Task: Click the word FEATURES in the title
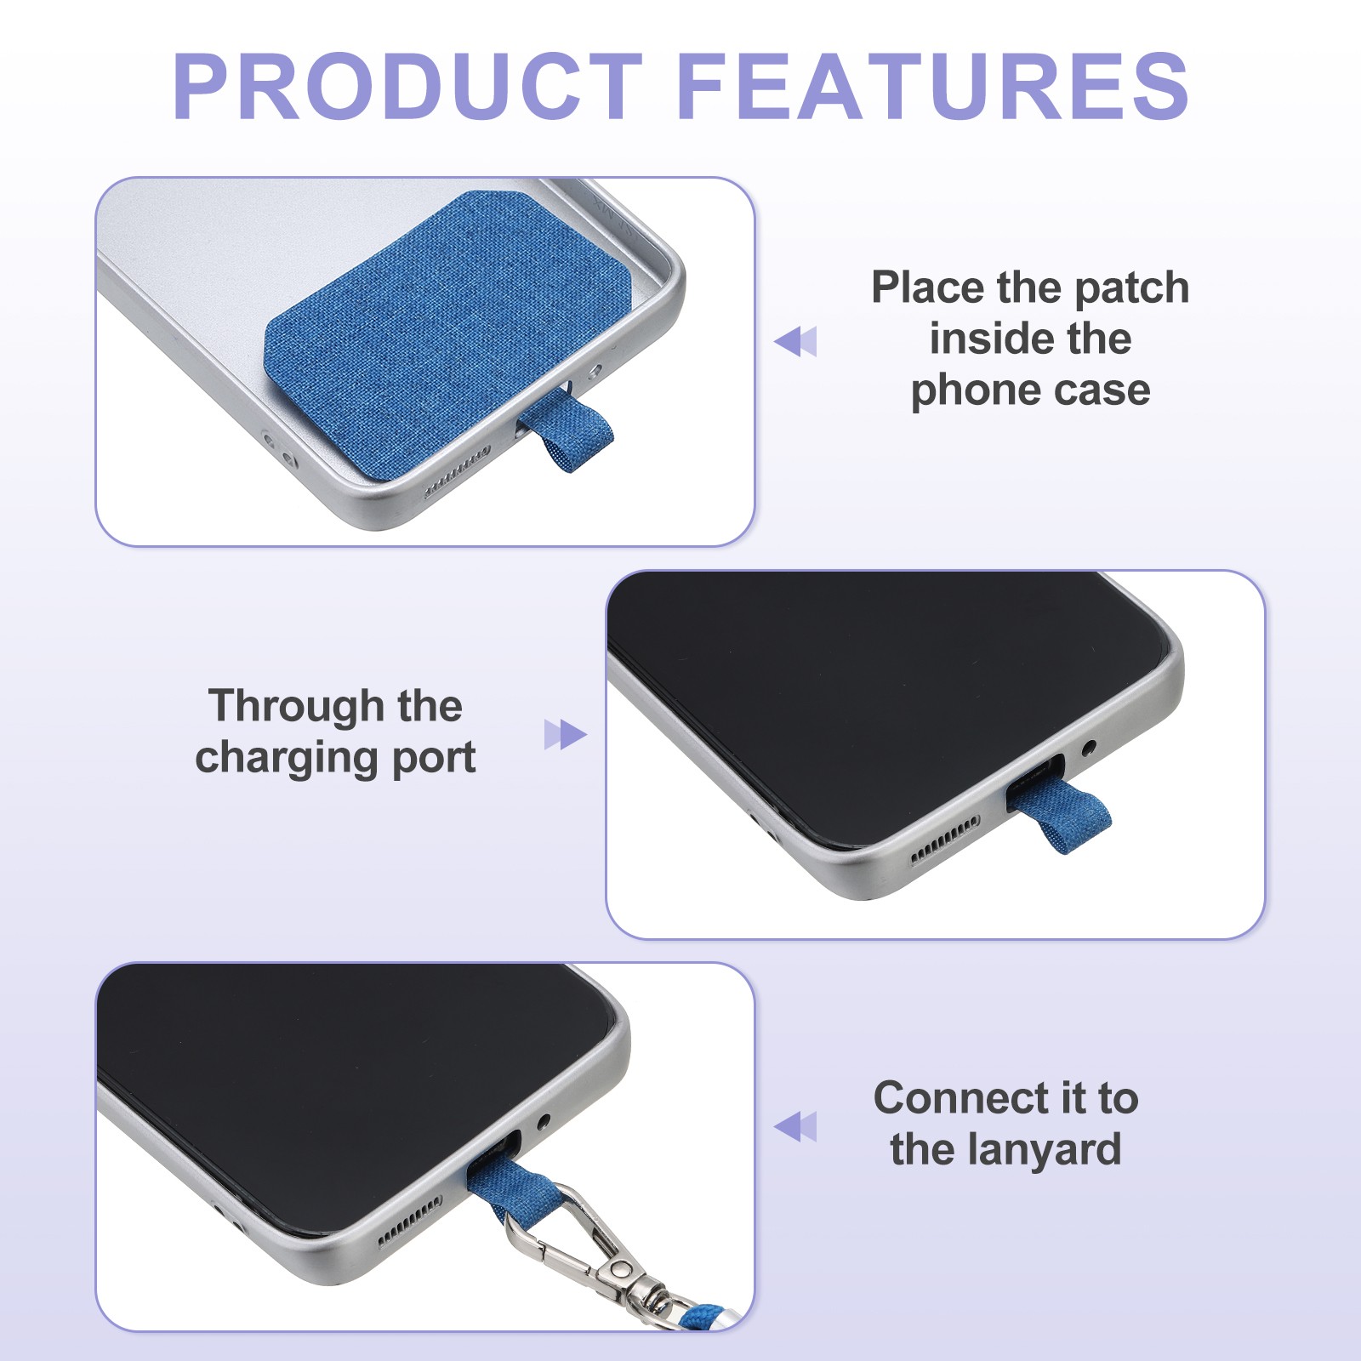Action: [x=933, y=86]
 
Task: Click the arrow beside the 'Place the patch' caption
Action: [x=795, y=341]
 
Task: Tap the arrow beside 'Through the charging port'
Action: [x=566, y=735]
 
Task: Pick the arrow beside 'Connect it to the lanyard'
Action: [x=795, y=1127]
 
